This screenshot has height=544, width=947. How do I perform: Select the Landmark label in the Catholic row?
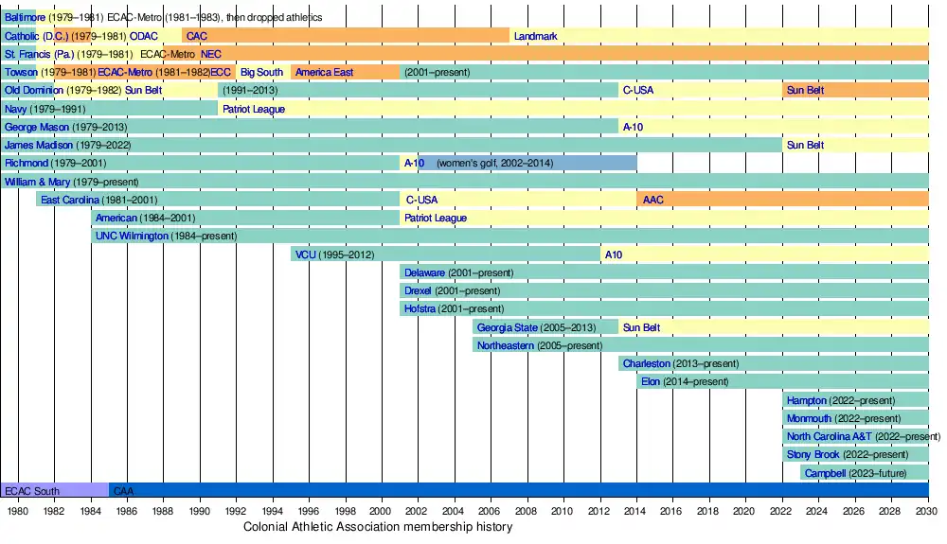(535, 36)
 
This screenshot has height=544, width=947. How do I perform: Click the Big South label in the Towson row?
(261, 72)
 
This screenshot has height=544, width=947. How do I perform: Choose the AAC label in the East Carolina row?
(652, 200)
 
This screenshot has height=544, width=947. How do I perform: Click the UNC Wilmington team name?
(132, 236)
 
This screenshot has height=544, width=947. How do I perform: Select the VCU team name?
(305, 254)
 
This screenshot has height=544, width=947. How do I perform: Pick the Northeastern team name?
(506, 345)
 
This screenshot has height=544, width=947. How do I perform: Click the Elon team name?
(651, 381)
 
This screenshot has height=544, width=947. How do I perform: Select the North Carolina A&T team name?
(828, 436)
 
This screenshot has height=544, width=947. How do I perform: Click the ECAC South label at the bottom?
(31, 491)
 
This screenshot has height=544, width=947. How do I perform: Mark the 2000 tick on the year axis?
(382, 512)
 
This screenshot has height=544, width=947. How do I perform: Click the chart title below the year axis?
(379, 527)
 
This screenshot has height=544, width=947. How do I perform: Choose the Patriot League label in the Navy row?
(253, 109)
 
